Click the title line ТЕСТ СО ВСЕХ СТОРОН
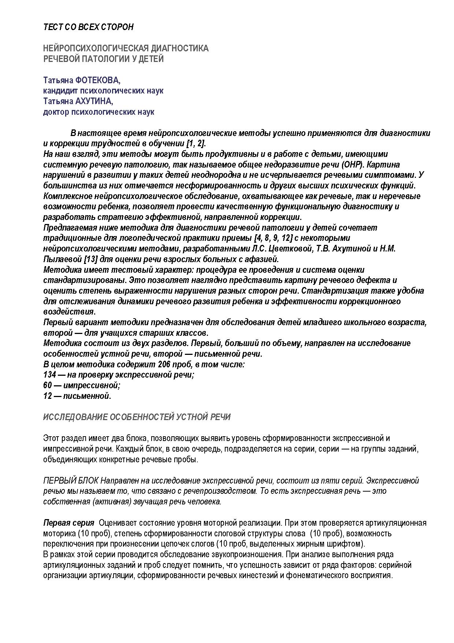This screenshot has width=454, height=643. pyautogui.click(x=88, y=27)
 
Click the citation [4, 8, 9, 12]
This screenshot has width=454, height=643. pyautogui.click(x=273, y=238)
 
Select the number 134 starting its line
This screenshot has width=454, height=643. pyautogui.click(x=49, y=375)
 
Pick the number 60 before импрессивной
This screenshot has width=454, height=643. pyautogui.click(x=47, y=386)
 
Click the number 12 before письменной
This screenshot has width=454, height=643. pyautogui.click(x=47, y=396)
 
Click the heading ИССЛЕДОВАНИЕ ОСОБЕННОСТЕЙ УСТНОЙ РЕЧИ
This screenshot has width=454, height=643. pyautogui.click(x=137, y=417)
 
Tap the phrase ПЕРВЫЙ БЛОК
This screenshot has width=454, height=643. pyautogui.click(x=71, y=481)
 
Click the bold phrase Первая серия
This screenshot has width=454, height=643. pyautogui.click(x=69, y=523)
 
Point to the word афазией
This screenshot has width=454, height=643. pyautogui.click(x=265, y=260)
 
